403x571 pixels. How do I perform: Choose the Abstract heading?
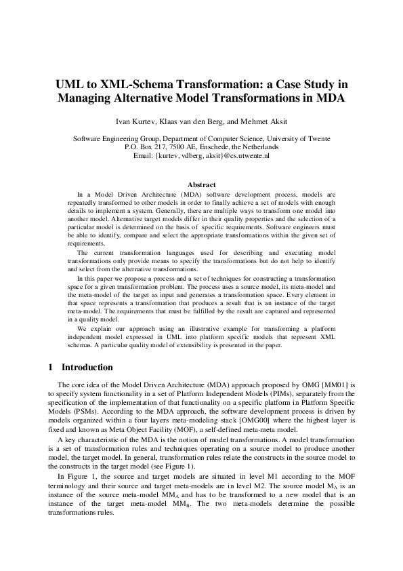[x=202, y=184]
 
